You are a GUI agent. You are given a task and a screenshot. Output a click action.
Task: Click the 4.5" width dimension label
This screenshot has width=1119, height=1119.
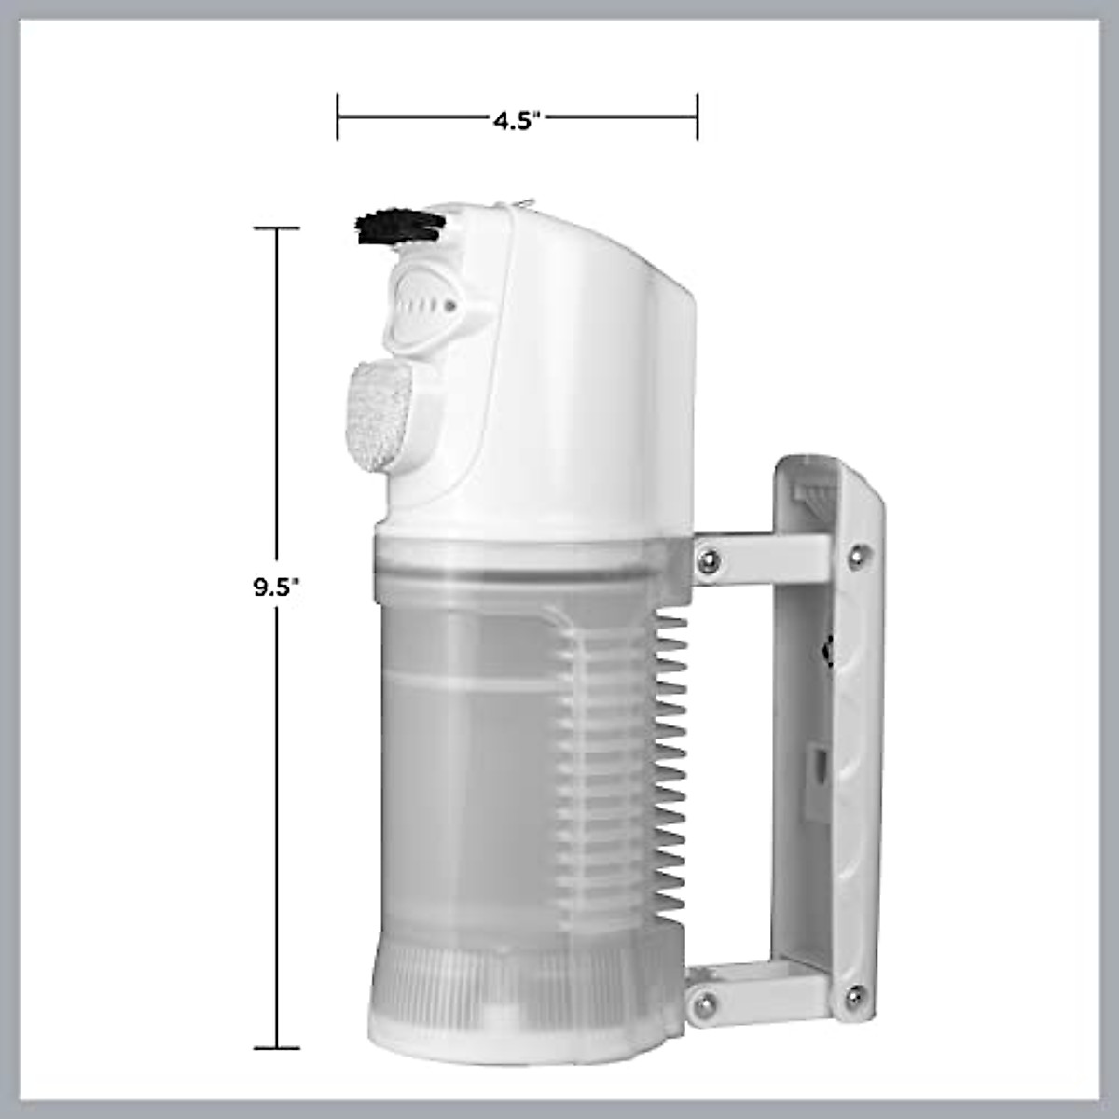pyautogui.click(x=517, y=119)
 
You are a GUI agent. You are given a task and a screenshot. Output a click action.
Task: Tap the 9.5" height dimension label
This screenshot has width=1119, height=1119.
pyautogui.click(x=278, y=588)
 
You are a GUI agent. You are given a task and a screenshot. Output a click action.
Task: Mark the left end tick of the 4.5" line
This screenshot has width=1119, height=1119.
pyautogui.click(x=338, y=117)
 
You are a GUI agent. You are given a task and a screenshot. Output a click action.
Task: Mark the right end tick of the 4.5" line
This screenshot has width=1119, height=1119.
pyautogui.click(x=698, y=117)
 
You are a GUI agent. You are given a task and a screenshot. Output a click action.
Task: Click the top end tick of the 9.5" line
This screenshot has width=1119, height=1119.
pyautogui.click(x=277, y=228)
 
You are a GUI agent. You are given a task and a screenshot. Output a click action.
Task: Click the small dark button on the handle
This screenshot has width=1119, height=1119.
pyautogui.click(x=826, y=650)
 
